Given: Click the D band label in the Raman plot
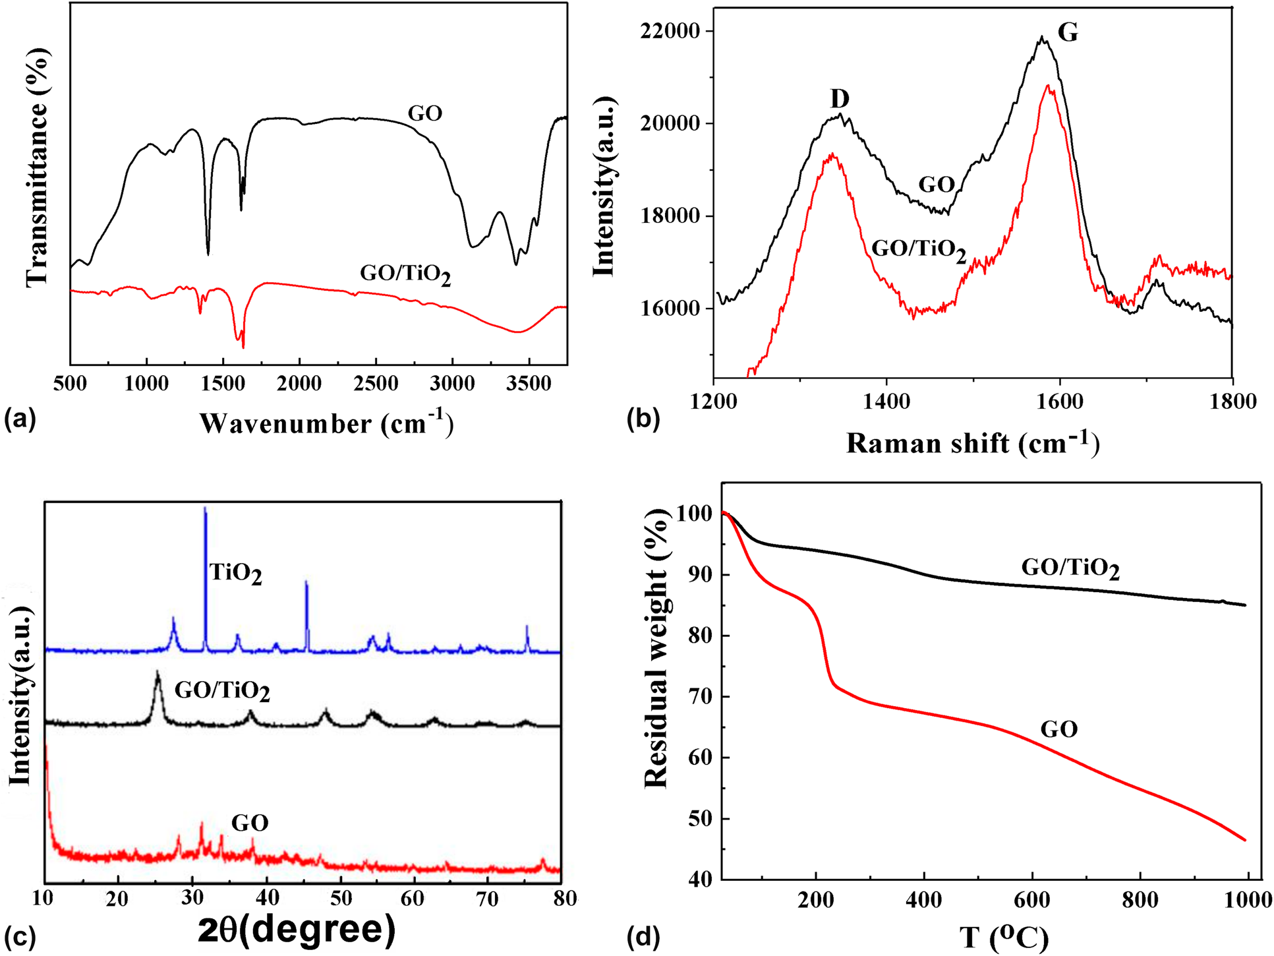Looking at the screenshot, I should tap(839, 99).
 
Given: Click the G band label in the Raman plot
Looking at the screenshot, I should tap(1068, 32).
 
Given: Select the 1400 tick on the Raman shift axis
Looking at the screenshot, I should tap(886, 402).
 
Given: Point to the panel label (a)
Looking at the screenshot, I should tap(20, 419).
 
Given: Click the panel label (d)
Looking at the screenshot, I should tap(643, 937).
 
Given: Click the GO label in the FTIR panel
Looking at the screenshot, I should tap(424, 113).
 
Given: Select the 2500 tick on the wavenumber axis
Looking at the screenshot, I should tap(376, 384).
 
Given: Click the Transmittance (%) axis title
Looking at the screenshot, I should tap(38, 168).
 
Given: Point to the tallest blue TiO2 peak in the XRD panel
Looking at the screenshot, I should tap(205, 509).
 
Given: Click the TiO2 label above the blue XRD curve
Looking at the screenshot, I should tap(235, 573).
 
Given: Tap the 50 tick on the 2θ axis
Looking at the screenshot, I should tap(341, 898).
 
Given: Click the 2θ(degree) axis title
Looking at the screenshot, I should tap(297, 930).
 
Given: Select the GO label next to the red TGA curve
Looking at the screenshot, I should tap(1058, 729).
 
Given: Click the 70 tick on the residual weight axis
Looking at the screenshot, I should tap(698, 697).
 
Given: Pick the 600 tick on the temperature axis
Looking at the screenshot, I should tap(1032, 900).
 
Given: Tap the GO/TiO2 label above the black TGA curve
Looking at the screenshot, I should tap(1070, 568).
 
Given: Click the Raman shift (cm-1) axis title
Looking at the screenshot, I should tap(973, 444).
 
